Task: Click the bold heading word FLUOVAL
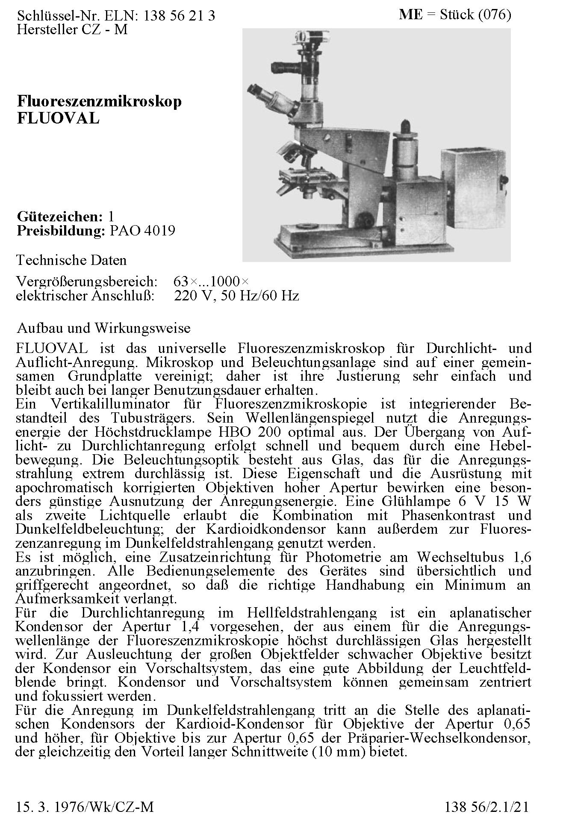point(58,118)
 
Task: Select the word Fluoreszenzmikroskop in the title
point(99,102)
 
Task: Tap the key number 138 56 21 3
point(180,16)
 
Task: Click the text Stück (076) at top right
point(475,15)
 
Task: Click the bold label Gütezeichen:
point(59,217)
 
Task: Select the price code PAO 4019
point(142,231)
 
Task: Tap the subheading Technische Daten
point(71,260)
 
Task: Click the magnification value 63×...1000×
point(211,282)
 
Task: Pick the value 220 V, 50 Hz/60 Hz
point(236,296)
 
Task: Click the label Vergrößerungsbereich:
point(87,282)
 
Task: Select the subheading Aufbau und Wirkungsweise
point(103,328)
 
